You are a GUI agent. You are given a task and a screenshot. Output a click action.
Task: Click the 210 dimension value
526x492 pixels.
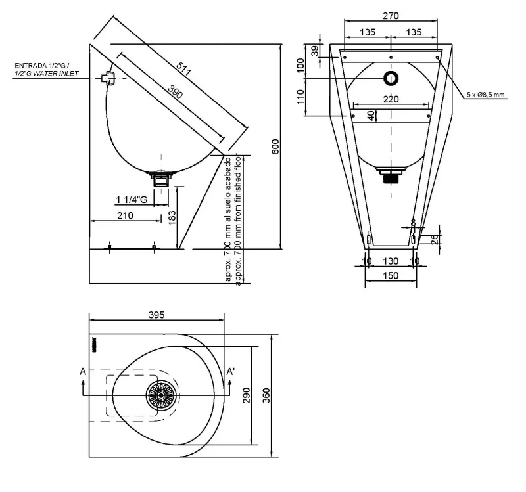[x=125, y=215]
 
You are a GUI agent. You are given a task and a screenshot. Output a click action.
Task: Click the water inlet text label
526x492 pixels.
[x=45, y=70]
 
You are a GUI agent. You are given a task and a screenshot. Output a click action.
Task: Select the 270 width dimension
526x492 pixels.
[x=391, y=17]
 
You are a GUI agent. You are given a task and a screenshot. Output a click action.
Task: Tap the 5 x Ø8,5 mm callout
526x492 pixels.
[x=485, y=95]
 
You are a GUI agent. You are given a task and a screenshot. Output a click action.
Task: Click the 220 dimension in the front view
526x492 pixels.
[x=391, y=99]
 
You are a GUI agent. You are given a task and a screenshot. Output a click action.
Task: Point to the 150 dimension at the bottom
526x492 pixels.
[x=391, y=275]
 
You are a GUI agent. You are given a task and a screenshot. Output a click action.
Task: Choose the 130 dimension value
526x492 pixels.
[x=391, y=261]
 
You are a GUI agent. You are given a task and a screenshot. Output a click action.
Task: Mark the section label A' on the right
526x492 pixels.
[x=231, y=372]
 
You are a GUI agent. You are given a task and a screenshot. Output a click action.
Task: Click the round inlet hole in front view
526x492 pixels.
[x=391, y=79]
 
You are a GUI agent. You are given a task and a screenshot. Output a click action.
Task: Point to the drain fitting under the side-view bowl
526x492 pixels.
[x=161, y=177]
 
